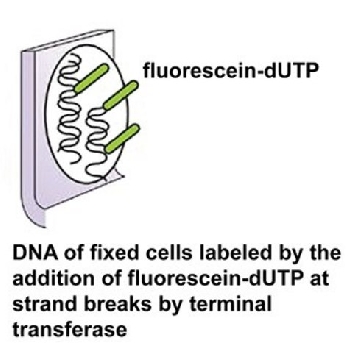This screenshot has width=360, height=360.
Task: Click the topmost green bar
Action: point(91,79)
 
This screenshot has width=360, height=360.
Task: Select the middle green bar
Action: point(120,95)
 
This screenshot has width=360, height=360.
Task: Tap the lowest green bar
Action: point(122,139)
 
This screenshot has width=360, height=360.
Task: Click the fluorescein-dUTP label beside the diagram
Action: point(231,70)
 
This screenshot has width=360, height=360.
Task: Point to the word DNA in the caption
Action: point(30,253)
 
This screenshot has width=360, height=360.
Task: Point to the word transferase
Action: point(70,330)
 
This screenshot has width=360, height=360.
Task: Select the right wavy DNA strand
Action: point(97,142)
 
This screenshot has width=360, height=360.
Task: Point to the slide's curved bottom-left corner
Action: point(32,218)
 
